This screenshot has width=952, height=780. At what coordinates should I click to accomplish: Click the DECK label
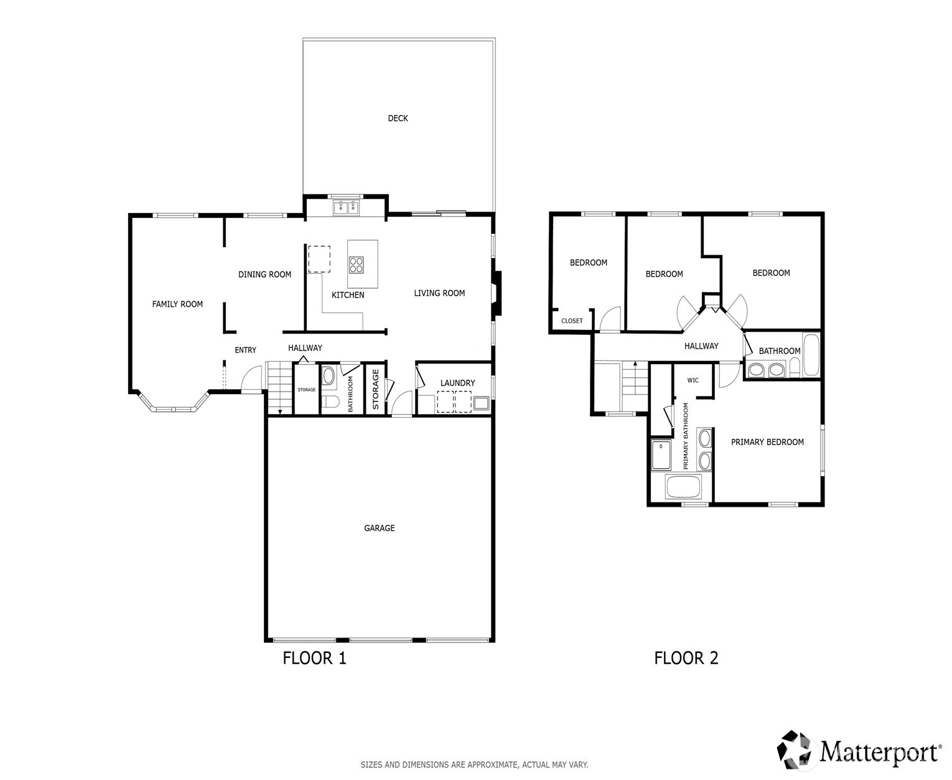click(x=398, y=118)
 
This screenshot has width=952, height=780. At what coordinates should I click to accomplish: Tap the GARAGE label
click(x=379, y=528)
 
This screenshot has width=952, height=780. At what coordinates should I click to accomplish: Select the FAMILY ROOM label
click(x=177, y=304)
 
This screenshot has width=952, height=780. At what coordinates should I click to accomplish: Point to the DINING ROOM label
click(x=264, y=275)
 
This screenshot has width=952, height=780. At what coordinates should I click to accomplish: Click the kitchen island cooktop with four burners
click(x=356, y=265)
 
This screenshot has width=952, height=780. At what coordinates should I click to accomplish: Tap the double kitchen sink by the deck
click(x=346, y=208)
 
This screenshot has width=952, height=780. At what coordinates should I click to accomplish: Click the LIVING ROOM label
click(x=439, y=293)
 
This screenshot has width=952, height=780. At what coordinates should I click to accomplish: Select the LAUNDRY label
click(x=458, y=383)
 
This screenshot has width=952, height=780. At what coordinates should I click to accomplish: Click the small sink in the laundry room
click(x=481, y=402)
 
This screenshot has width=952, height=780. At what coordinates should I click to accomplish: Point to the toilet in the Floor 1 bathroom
click(x=331, y=402)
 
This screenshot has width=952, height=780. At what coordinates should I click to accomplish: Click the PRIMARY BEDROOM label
click(x=767, y=442)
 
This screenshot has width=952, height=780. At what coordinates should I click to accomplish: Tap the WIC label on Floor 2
click(x=693, y=380)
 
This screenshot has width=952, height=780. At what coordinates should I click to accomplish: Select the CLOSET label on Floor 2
click(x=572, y=321)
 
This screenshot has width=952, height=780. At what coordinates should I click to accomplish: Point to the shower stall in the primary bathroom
click(x=661, y=455)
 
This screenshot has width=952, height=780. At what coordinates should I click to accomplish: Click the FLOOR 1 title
click(x=314, y=658)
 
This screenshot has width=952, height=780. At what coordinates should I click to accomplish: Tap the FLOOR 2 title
click(x=686, y=658)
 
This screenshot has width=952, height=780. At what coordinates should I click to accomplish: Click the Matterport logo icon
click(x=796, y=749)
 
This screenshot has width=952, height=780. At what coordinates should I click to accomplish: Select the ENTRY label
click(x=246, y=350)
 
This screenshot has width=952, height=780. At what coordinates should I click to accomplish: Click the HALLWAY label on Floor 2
click(x=701, y=346)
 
